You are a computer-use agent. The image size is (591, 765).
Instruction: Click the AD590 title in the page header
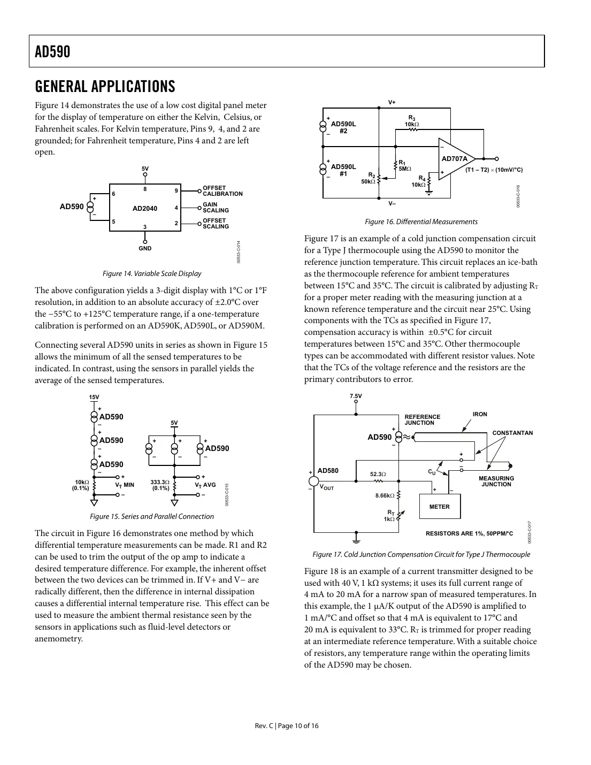pos(52,52)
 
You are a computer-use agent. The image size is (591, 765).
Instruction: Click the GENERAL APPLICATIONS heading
pos(105,86)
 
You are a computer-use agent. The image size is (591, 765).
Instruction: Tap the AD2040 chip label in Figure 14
pos(145,208)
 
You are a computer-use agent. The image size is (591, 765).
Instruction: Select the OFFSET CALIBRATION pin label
pos(222,191)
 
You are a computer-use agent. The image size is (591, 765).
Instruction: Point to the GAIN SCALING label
pos(215,208)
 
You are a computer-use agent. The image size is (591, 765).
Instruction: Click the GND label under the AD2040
pos(145,248)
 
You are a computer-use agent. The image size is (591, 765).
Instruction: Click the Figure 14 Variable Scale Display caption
pos(152,273)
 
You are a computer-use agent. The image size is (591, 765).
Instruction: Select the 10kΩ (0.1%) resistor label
pos(82,485)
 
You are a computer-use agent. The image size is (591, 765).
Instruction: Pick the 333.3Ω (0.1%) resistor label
pos(160,485)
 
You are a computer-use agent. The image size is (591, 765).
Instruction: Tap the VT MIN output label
pos(125,485)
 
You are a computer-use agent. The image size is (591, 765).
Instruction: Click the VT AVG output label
pos(205,485)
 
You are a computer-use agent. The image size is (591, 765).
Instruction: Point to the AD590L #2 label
pos(343,127)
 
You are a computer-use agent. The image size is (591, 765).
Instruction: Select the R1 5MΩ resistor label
pos(404,166)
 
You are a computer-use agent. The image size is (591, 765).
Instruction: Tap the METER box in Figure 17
pos(440,507)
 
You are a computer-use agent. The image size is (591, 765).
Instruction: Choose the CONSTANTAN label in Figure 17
pos(512,433)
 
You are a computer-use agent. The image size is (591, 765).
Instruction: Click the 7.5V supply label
pos(356,396)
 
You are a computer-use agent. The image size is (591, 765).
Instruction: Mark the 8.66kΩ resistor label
pos(385,496)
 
